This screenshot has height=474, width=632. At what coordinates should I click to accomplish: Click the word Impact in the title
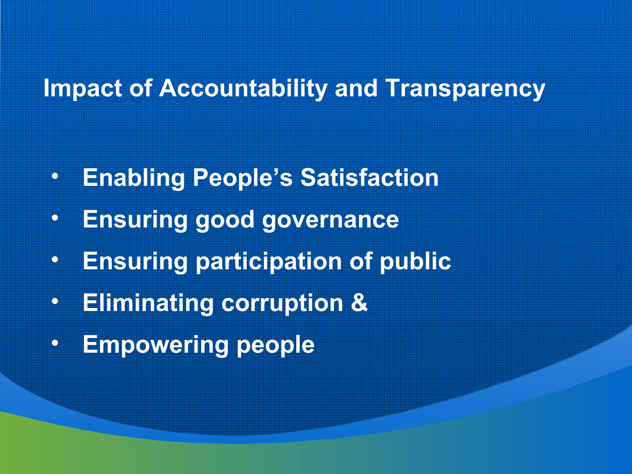coord(83,89)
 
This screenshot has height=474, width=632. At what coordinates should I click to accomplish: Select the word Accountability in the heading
coord(243,89)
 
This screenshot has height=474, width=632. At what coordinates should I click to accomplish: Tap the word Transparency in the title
coord(465,89)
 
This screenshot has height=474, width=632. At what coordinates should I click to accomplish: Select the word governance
coord(331,220)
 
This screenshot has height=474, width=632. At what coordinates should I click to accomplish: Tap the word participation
coord(268,262)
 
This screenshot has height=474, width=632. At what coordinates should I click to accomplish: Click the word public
coord(415,262)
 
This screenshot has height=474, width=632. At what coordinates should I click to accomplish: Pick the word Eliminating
coord(148,303)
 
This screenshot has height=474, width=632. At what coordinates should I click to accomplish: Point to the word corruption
coord(282,303)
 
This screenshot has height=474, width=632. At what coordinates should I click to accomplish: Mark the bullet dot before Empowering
coord(55,343)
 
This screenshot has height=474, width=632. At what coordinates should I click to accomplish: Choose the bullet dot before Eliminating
coord(55,301)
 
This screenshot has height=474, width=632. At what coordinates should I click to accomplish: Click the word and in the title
coord(356,89)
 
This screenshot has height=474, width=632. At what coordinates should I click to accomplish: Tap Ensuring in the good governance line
coord(135,220)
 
